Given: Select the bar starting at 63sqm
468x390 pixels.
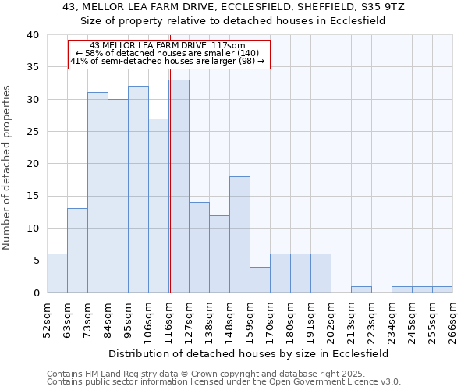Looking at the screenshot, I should click(x=77, y=250).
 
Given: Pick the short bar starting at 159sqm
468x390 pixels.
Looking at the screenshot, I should click(x=260, y=279).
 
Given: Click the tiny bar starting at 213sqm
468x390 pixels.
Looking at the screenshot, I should click(x=361, y=289).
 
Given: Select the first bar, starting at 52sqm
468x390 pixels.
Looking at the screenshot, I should click(x=57, y=273).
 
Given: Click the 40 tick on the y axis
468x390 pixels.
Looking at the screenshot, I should click(x=32, y=35).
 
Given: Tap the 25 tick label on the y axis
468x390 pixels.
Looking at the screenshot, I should click(x=32, y=132).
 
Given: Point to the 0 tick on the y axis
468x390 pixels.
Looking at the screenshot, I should click(x=35, y=293).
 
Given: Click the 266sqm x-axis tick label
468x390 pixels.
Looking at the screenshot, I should click(x=452, y=321).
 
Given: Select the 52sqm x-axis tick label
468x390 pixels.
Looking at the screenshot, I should click(x=47, y=321).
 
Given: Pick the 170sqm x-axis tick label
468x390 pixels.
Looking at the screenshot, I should click(x=270, y=321).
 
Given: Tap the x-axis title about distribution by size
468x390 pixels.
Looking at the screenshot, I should click(x=248, y=353).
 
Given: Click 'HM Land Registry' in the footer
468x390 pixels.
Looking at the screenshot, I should click(x=121, y=374).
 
